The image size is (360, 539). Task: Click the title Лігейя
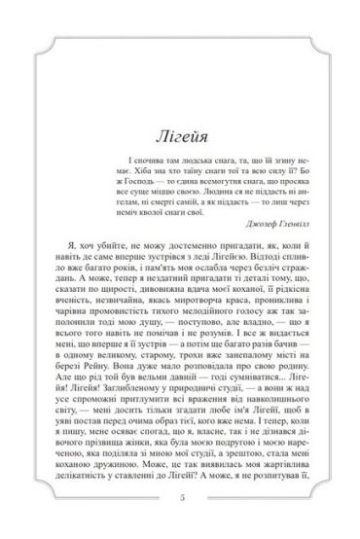(x=180, y=108)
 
